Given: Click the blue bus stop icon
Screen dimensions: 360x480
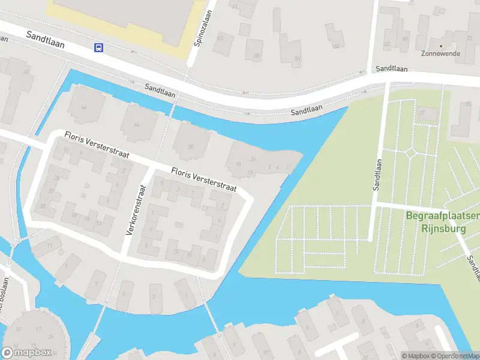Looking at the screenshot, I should click(98, 48).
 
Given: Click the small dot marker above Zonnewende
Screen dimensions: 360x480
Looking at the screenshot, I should click(441, 46).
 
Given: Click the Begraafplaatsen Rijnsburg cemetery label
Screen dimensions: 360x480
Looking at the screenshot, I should click(442, 221).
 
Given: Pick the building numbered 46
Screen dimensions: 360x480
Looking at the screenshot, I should click(137, 124).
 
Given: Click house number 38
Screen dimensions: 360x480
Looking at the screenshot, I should click(191, 147).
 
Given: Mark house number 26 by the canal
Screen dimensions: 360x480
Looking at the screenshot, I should click(253, 159).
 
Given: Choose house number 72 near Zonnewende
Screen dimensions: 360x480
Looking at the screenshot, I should click(469, 38).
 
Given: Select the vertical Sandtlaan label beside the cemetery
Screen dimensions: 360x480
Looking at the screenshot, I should click(379, 174).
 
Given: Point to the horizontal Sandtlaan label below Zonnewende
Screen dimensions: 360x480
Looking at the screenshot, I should click(392, 69).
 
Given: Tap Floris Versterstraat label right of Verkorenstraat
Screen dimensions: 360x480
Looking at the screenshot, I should click(204, 181).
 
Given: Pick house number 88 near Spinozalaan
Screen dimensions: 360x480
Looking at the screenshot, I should click(257, 56).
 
